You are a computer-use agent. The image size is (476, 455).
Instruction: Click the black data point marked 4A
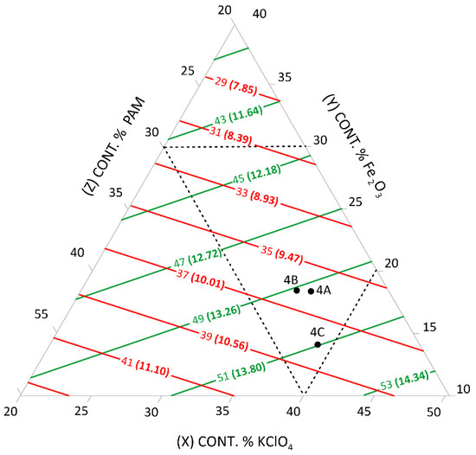click(311, 291)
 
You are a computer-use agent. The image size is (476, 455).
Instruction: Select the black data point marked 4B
click(296, 291)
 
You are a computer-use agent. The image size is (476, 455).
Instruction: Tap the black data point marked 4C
click(318, 344)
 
